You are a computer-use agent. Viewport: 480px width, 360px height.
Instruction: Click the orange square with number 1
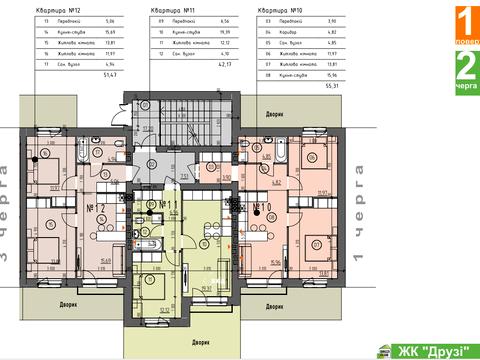[x=465, y=22]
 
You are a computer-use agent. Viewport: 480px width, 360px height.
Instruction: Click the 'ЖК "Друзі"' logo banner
[x=424, y=349]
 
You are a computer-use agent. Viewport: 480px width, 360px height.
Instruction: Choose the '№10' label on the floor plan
[x=264, y=209]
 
